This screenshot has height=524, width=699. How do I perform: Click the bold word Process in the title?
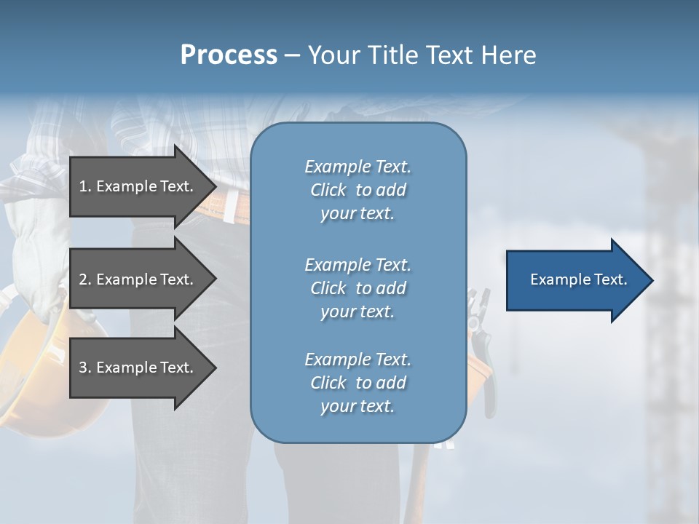click(229, 55)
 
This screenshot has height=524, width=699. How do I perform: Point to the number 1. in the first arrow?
click(84, 186)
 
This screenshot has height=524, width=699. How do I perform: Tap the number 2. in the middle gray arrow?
click(85, 279)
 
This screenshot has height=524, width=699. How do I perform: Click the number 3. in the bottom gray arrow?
click(85, 368)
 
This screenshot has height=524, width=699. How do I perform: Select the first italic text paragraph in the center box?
click(358, 190)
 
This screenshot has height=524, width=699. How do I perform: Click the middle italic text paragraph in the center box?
click(358, 288)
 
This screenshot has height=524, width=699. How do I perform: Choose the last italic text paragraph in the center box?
click(358, 383)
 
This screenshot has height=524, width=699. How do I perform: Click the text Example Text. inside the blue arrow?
click(578, 279)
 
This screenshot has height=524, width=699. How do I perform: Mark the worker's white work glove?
click(33, 240)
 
